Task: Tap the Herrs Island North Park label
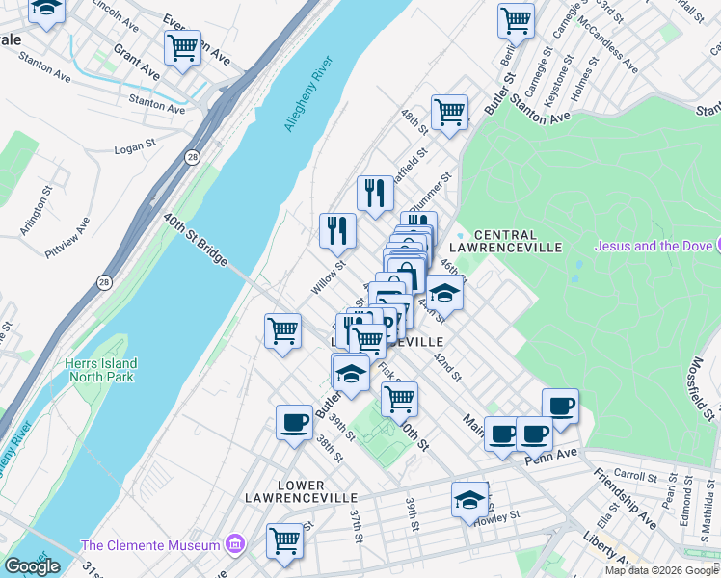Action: click(x=101, y=370)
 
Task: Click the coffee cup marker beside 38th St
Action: click(x=295, y=421)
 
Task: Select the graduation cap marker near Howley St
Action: click(x=469, y=499)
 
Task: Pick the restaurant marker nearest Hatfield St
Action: click(x=375, y=193)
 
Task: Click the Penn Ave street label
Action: click(x=550, y=454)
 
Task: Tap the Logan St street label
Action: click(x=135, y=146)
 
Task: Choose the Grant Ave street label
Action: click(x=136, y=61)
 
